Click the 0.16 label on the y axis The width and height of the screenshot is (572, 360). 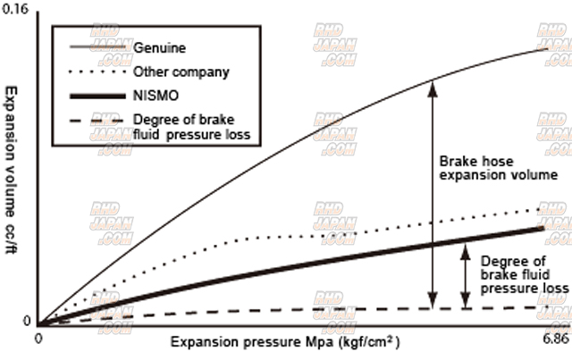[x=16, y=8]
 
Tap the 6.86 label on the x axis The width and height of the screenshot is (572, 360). [x=555, y=341]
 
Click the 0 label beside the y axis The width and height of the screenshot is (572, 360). [x=27, y=321]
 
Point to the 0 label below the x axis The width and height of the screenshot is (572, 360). [x=38, y=340]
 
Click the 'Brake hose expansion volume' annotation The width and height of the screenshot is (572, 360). [x=498, y=169]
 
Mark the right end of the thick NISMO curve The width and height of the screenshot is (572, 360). [x=543, y=228]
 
